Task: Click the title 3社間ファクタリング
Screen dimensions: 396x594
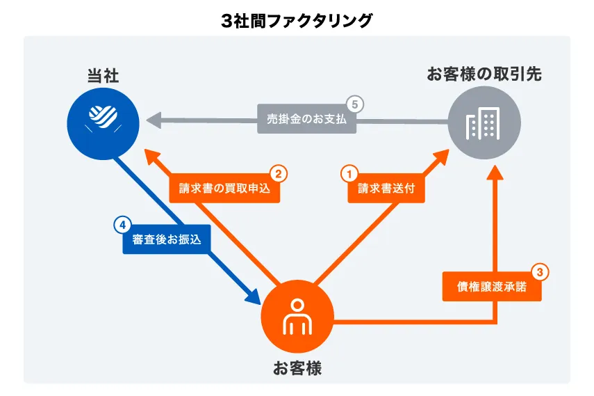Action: coord(297,21)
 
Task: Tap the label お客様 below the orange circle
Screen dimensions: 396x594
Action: coord(297,368)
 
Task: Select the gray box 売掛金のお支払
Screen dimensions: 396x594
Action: coord(306,119)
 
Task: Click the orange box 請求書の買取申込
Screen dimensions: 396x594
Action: coord(224,188)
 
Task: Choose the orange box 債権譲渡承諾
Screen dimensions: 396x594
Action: coord(492,287)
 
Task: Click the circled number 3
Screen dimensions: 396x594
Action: coord(541,272)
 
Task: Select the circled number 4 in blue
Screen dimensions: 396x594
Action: coord(122,224)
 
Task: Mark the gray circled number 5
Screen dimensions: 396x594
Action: coord(355,104)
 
